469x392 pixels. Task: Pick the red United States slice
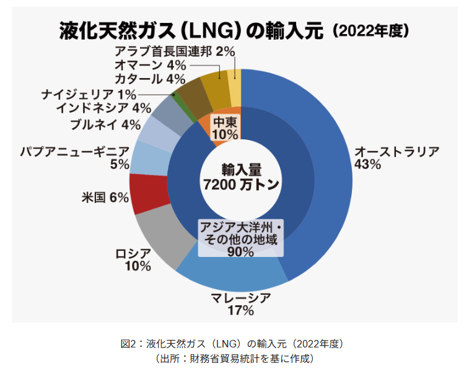[149, 192]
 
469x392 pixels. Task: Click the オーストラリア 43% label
[397, 158]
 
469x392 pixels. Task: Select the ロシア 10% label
[133, 260]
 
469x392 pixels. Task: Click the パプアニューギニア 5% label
[74, 157]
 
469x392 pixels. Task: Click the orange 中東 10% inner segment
[224, 127]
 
